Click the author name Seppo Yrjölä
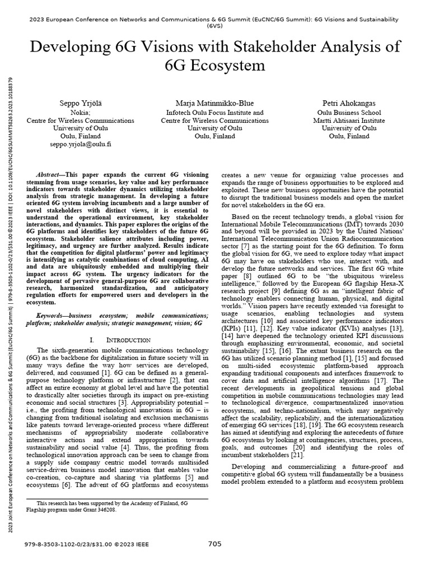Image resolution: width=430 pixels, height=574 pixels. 81,104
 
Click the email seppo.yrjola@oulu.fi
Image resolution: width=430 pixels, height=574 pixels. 81,144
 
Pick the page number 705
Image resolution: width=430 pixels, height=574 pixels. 215,544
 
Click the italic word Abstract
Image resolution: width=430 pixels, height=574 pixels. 48,175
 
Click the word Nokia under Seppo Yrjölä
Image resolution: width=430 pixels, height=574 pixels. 81,112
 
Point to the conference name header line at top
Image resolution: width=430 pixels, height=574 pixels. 215,18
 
